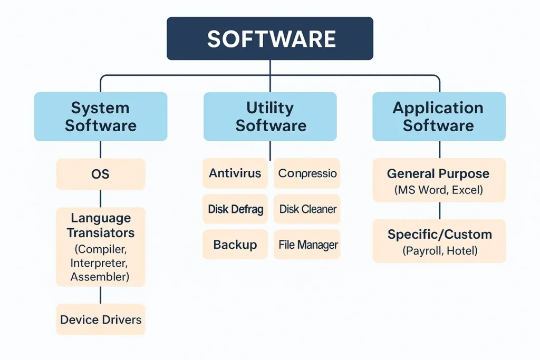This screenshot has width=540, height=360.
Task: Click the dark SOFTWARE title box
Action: [270, 38]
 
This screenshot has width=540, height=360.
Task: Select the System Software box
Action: [101, 116]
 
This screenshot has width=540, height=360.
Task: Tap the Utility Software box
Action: [270, 116]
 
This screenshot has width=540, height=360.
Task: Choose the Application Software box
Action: [439, 116]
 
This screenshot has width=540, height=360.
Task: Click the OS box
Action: [101, 174]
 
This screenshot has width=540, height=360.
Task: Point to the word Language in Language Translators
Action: [101, 218]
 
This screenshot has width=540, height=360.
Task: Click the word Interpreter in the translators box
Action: [99, 263]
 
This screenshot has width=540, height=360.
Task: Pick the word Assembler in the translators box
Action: [100, 277]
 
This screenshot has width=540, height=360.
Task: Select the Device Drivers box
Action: [101, 319]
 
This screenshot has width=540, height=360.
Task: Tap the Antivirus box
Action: [235, 173]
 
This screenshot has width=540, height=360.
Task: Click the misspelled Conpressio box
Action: [307, 173]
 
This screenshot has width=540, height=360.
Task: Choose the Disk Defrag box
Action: [235, 209]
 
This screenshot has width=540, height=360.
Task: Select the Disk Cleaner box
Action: [307, 209]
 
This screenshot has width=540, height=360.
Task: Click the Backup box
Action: [235, 245]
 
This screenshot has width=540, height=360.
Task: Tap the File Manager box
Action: [307, 245]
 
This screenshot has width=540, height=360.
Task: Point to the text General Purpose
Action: [438, 174]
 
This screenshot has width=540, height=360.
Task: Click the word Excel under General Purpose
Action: [467, 190]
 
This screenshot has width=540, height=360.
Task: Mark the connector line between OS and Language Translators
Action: [101, 199]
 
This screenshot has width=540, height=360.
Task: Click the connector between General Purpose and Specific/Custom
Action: [440, 211]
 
